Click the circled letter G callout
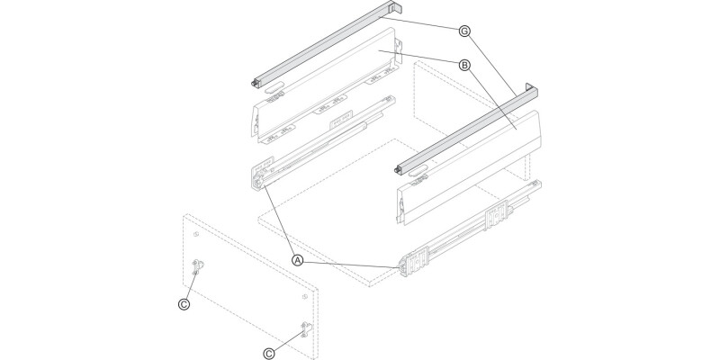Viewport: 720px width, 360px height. pos(463,31)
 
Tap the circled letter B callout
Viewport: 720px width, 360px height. pos(463,65)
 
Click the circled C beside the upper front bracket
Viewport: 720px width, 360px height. pos(184,305)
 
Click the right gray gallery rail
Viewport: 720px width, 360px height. pos(468,126)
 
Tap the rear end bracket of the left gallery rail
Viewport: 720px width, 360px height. pos(390,9)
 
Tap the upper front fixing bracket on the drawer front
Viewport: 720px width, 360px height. pos(200,268)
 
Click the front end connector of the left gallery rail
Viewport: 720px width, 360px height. pos(256,85)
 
